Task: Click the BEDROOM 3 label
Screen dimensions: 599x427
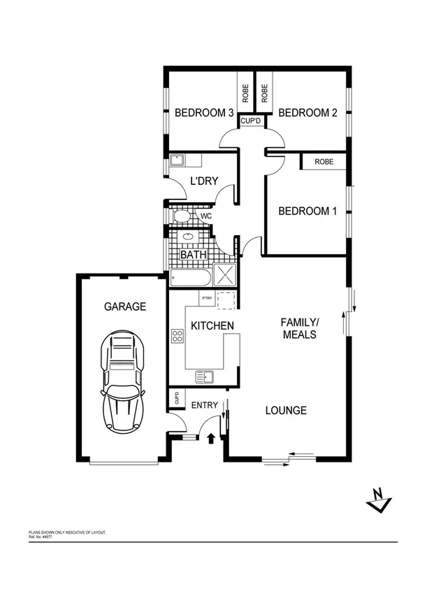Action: point(204,113)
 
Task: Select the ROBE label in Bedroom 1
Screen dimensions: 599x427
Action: point(324,162)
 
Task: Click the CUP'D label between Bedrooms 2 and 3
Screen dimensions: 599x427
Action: point(251,121)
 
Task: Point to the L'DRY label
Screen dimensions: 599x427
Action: point(204,181)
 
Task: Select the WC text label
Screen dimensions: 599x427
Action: point(205,217)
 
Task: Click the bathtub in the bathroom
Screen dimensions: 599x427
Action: point(189,279)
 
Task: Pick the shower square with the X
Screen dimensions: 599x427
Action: point(226,275)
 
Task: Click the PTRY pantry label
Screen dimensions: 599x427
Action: point(206,299)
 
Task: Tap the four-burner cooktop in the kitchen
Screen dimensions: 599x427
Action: point(178,337)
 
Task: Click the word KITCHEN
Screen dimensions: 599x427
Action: point(212,326)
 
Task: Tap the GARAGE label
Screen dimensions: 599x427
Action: point(125,306)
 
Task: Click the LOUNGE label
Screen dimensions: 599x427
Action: point(285,411)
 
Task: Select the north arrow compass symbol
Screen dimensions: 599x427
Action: point(379,500)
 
